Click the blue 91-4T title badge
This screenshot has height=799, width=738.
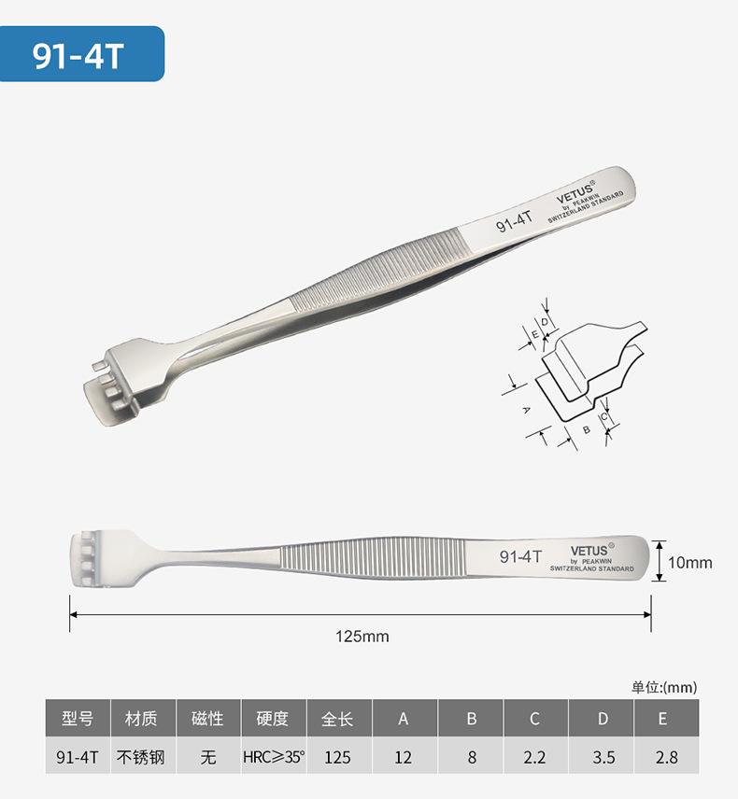[x=81, y=54]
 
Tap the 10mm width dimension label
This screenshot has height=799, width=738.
[x=689, y=563]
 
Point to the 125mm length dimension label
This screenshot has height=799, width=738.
[x=362, y=636]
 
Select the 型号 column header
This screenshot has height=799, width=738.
[x=78, y=719]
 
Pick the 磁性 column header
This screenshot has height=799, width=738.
[x=208, y=719]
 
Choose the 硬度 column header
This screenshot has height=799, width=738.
[x=274, y=719]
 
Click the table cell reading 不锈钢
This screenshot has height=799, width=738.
[x=141, y=757]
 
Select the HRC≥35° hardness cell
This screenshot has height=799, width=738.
[x=274, y=757]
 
